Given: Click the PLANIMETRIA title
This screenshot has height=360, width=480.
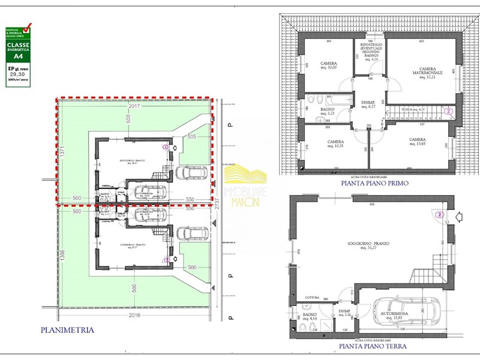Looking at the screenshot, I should (67, 329).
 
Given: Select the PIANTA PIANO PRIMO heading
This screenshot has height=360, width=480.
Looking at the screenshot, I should (373, 184).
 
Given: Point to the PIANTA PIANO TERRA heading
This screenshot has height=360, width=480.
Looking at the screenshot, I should (373, 346).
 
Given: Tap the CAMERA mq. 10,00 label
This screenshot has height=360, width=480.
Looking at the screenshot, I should (328, 65).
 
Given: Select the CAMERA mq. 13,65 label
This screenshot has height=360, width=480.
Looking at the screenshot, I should (417, 142).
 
